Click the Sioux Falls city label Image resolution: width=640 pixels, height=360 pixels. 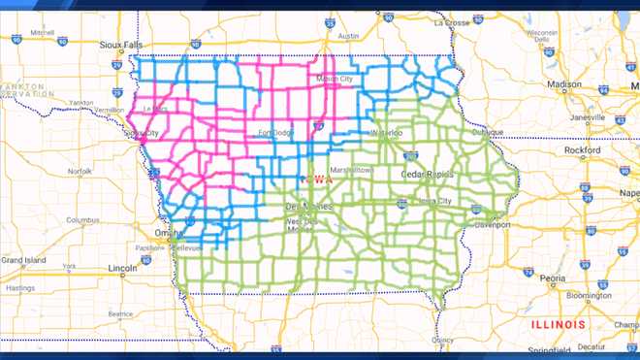point(121,44)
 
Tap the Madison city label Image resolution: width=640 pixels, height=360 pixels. point(564,84)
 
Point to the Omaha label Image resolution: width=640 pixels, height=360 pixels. point(167,233)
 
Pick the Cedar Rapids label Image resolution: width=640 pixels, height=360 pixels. point(427,174)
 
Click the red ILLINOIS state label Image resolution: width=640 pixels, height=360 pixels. point(558,323)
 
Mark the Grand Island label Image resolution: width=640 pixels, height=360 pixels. point(22,260)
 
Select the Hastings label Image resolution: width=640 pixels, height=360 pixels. point(18,288)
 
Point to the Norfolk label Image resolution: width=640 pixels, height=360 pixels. point(79,172)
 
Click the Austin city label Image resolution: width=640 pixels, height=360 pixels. point(346,36)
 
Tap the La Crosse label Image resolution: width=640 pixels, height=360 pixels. point(452,21)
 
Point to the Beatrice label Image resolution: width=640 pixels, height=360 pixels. point(119,313)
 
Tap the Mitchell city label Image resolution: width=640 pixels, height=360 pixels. point(42,32)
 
